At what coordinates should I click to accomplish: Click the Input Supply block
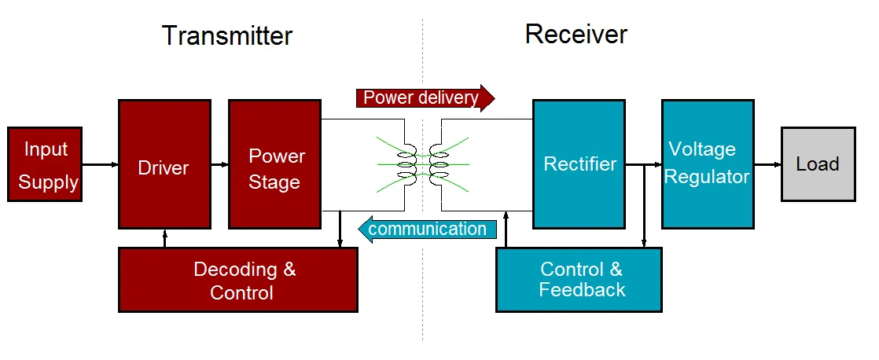tap(45, 164)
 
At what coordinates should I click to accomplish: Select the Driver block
tap(165, 164)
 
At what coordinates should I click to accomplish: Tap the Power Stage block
tap(274, 164)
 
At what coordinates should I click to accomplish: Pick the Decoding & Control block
tap(238, 280)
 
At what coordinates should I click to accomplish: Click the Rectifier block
tap(579, 164)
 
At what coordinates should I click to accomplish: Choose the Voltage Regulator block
tap(708, 164)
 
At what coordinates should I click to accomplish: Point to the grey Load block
tap(818, 164)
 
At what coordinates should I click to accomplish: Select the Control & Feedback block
tap(579, 280)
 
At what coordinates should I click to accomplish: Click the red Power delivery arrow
tap(425, 98)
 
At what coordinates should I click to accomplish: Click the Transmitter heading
tap(227, 36)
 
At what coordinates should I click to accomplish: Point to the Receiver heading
tap(576, 35)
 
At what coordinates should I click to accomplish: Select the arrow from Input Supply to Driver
tap(101, 164)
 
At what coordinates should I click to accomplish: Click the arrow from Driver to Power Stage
tap(220, 164)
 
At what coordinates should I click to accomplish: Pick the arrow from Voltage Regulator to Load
tap(768, 164)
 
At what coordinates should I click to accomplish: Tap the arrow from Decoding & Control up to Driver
tap(165, 238)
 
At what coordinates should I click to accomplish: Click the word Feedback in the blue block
tap(582, 290)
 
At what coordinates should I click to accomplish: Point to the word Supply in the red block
tap(48, 183)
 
